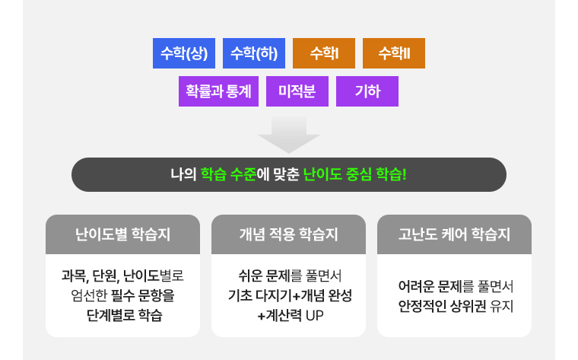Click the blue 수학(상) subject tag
click(184, 53)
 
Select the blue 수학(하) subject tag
click(254, 53)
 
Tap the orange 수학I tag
click(324, 53)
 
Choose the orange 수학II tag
click(394, 53)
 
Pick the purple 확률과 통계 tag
click(218, 91)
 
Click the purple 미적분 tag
click(297, 91)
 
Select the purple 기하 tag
click(367, 91)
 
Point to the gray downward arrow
click(289, 135)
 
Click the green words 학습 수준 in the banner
click(229, 174)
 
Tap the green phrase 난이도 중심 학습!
click(354, 174)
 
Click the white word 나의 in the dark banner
click(183, 174)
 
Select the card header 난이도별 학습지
click(122, 234)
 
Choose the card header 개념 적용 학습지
click(289, 234)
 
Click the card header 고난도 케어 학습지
click(454, 234)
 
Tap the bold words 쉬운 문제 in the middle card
click(265, 276)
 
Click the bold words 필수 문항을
click(143, 295)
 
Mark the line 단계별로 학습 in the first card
click(125, 315)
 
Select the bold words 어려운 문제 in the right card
click(430, 286)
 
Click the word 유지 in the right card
click(502, 306)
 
